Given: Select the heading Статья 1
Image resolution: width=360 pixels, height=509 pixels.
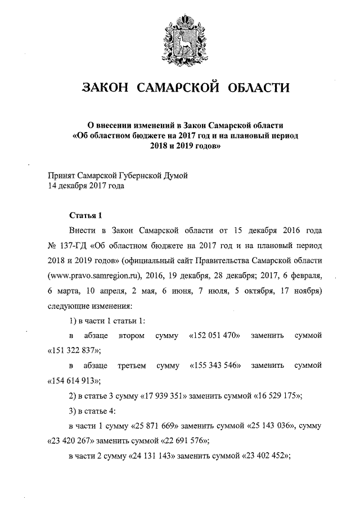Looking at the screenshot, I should [x=85, y=215].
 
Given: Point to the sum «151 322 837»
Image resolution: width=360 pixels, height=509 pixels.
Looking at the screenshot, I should [x=71, y=350].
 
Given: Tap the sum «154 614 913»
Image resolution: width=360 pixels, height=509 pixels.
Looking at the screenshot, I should [x=71, y=380].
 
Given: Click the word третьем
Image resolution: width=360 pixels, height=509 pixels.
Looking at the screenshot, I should [x=132, y=366].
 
